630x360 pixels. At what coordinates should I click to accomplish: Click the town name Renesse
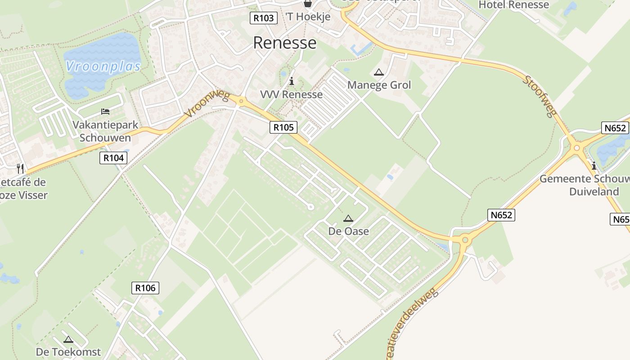click(x=284, y=43)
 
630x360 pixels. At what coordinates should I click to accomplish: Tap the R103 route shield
click(x=263, y=18)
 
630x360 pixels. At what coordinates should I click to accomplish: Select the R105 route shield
click(x=283, y=127)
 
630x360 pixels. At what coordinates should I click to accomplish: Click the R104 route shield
click(x=113, y=157)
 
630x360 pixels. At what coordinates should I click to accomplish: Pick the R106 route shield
click(x=145, y=288)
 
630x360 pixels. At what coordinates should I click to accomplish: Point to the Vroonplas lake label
click(x=103, y=67)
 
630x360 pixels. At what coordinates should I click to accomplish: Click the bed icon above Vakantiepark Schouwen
click(x=105, y=111)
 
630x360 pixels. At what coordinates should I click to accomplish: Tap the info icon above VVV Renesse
click(x=292, y=81)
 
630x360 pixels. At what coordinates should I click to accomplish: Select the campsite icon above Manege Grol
click(x=379, y=72)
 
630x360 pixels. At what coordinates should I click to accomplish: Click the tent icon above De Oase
click(x=348, y=219)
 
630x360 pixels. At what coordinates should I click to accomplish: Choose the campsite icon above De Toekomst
click(x=68, y=339)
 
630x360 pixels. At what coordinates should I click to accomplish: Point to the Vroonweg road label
click(x=208, y=104)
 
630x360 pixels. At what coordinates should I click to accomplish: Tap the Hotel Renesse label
click(x=513, y=5)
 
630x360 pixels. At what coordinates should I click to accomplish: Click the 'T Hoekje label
click(x=308, y=17)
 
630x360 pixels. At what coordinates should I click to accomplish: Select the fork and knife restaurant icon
click(x=20, y=169)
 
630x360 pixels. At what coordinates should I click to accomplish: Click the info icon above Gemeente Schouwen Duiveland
click(x=594, y=166)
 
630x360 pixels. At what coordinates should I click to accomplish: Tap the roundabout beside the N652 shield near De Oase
click(x=465, y=240)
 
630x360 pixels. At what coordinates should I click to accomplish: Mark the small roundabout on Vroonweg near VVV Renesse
click(x=241, y=101)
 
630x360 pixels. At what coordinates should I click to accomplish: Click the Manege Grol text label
click(x=379, y=85)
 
